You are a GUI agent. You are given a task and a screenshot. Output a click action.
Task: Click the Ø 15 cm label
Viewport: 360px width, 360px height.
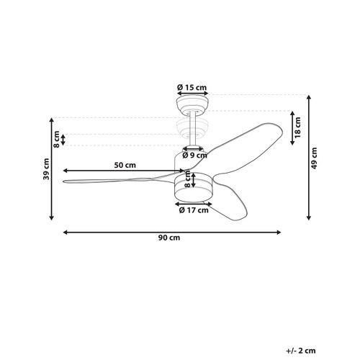pos(192,87)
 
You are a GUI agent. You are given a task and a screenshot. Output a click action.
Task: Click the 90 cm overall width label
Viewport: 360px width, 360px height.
pos(171,239)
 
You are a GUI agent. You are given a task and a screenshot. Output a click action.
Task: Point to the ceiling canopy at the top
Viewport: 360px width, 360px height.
pos(192,105)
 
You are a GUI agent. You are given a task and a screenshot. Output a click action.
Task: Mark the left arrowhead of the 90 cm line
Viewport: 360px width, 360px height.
pos(66,232)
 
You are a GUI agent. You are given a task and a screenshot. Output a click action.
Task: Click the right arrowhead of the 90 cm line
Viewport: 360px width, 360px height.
pos(279,232)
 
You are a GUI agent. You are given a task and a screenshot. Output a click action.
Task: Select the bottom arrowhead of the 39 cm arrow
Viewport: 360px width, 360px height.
pos(53,218)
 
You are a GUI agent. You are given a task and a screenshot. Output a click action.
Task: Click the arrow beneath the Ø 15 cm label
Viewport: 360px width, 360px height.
pos(192,94)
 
